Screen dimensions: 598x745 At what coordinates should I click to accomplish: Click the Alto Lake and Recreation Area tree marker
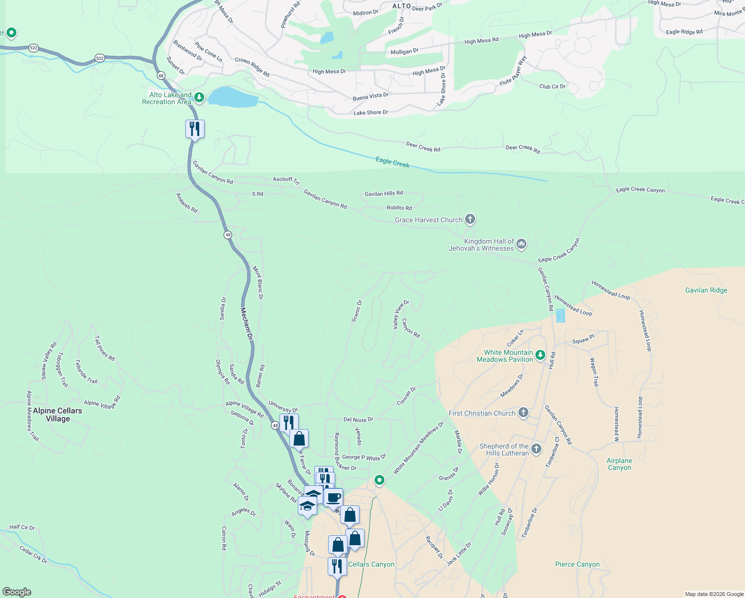[199, 97]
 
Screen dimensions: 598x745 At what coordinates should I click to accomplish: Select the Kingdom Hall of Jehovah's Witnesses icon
[521, 244]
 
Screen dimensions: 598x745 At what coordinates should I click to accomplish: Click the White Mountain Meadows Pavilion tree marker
[540, 355]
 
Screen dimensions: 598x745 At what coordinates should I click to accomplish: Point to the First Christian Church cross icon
[523, 412]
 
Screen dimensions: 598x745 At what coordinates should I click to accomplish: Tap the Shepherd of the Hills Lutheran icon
[536, 448]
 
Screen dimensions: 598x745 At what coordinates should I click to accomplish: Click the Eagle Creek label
[392, 162]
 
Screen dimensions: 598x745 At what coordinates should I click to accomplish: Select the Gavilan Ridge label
[706, 290]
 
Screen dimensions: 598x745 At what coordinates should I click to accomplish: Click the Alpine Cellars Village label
[57, 415]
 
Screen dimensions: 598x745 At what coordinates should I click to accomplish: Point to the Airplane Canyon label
[620, 464]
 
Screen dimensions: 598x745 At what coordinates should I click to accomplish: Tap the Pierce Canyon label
[577, 564]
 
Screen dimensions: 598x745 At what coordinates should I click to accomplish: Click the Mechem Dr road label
[247, 324]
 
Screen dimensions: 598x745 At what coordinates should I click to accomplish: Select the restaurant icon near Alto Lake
[195, 129]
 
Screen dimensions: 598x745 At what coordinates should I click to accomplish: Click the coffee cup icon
[333, 497]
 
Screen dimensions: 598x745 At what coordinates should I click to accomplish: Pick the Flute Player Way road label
[513, 71]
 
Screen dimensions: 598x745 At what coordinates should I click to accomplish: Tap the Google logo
[16, 592]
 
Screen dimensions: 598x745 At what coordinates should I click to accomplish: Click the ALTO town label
[402, 6]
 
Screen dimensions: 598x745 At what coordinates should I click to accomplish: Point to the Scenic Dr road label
[357, 311]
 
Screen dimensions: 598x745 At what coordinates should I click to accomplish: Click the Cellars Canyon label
[371, 564]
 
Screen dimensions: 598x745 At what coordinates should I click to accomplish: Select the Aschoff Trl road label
[286, 180]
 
